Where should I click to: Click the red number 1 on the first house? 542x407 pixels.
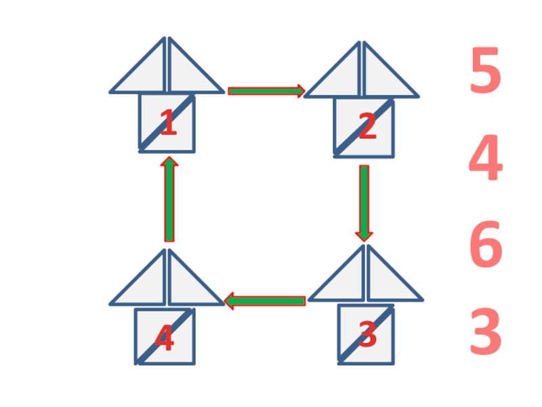click(167, 124)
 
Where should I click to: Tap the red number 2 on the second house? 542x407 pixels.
click(367, 128)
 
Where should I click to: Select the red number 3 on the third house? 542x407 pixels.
click(367, 335)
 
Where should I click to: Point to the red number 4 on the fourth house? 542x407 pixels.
click(164, 338)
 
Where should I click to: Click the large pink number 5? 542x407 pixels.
click(485, 71)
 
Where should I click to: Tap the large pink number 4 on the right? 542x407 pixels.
click(485, 159)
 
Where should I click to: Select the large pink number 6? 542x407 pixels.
click(485, 247)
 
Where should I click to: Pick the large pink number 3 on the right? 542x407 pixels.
click(485, 332)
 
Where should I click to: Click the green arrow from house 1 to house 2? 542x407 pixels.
click(266, 91)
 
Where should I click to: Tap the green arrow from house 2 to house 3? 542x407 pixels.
click(364, 203)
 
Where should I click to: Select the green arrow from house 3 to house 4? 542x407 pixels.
click(265, 301)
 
